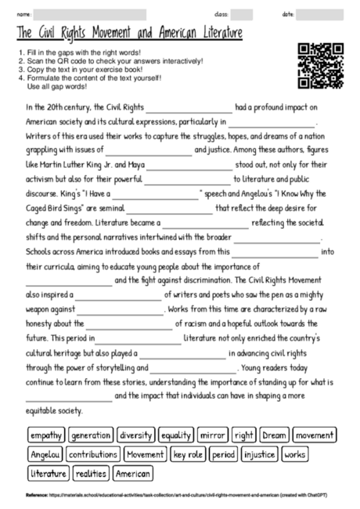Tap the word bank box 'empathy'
click(46, 435)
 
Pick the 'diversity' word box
click(137, 435)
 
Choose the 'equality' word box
click(176, 435)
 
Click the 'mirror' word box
click(212, 435)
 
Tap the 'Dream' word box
click(274, 435)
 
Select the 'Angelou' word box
click(45, 454)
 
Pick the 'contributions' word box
click(93, 454)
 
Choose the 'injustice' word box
click(260, 454)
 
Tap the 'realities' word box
click(92, 474)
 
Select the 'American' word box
click(133, 474)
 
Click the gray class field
click(242, 15)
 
